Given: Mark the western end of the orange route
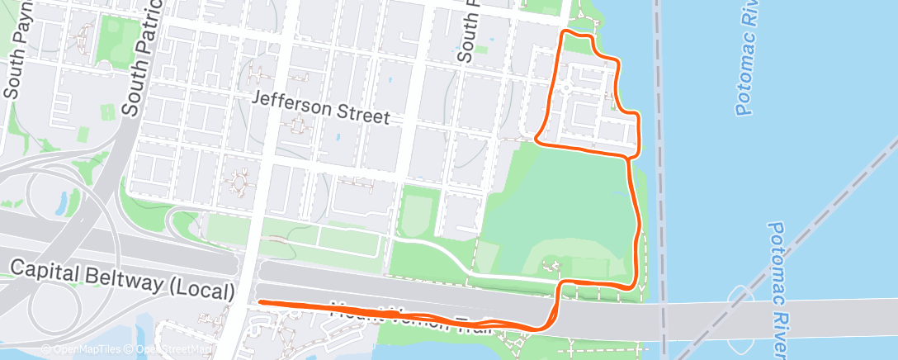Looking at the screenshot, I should point(261,302).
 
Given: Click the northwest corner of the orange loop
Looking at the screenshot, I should point(565,33).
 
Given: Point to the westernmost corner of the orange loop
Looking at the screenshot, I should point(537,139).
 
